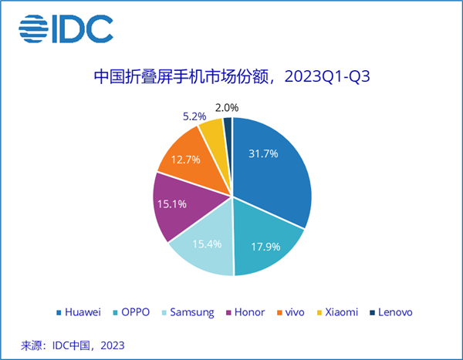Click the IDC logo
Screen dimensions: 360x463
66,30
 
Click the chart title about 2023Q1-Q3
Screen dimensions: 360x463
232,77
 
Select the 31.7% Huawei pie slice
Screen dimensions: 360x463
270,166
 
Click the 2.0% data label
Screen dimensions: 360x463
227,108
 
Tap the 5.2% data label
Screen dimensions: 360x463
193,116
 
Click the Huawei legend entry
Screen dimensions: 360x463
79,312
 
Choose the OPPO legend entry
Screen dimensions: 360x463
134,312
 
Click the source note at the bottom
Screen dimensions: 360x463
73,344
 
